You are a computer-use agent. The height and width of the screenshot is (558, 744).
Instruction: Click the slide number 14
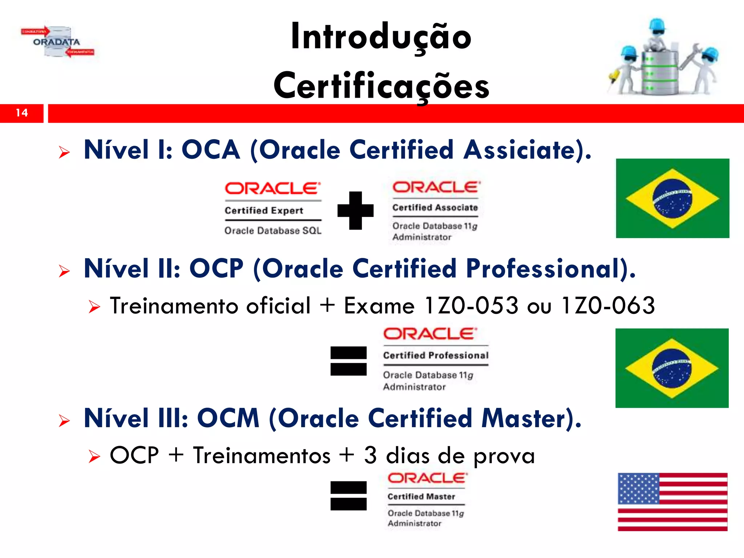22,113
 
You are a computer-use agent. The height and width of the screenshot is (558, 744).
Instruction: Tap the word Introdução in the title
381,37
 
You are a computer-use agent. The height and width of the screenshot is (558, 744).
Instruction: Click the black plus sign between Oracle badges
355,211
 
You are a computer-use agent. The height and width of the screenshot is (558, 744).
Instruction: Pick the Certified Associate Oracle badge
435,211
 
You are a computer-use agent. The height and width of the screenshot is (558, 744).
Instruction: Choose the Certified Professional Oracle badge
436,359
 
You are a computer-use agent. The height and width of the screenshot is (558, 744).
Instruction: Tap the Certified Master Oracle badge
426,500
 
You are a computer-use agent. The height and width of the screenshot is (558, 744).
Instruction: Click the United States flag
672,502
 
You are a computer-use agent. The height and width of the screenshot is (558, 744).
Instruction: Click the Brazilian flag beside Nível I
672,198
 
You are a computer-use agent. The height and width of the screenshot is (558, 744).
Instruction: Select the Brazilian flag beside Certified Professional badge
672,368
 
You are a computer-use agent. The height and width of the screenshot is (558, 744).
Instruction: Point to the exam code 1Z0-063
608,306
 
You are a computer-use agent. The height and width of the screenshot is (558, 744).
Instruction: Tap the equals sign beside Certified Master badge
348,496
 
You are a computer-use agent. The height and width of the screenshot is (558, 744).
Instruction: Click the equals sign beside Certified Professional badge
348,361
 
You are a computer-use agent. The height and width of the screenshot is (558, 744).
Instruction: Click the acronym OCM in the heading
228,418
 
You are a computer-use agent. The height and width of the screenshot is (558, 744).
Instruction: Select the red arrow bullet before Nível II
64,271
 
